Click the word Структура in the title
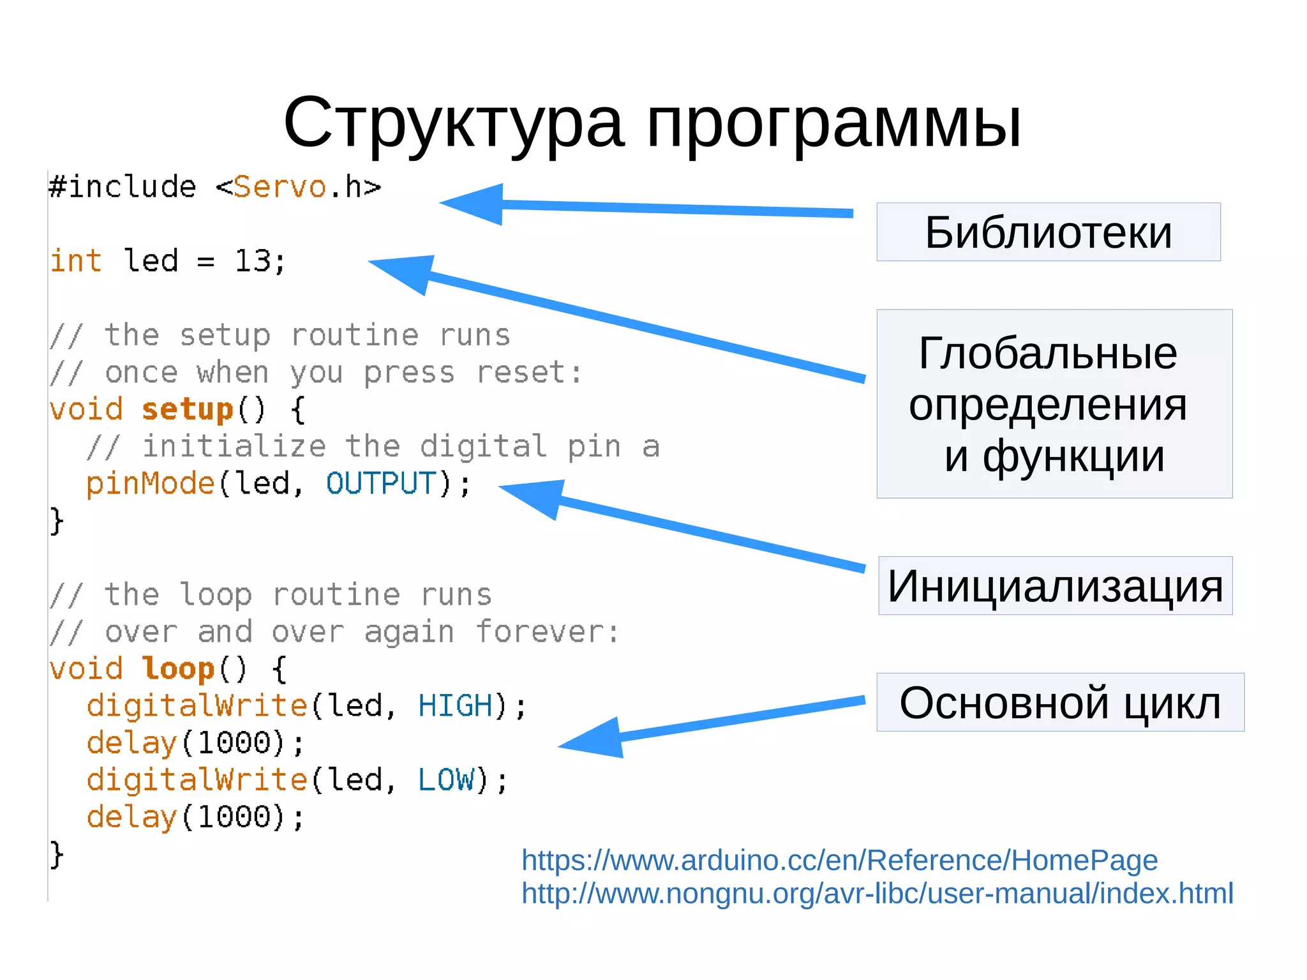(453, 123)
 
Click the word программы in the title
(833, 123)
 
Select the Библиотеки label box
(1048, 232)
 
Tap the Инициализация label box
(1055, 585)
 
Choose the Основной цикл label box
(1060, 702)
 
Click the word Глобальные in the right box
(1047, 352)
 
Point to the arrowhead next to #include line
(472, 204)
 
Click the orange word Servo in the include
(280, 187)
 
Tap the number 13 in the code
(253, 260)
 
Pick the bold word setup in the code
(188, 409)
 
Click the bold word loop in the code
(178, 668)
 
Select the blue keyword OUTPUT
(381, 483)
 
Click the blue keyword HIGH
(455, 705)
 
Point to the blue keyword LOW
(446, 780)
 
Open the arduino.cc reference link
(839, 860)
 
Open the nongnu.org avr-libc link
(877, 893)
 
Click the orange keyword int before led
(76, 260)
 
